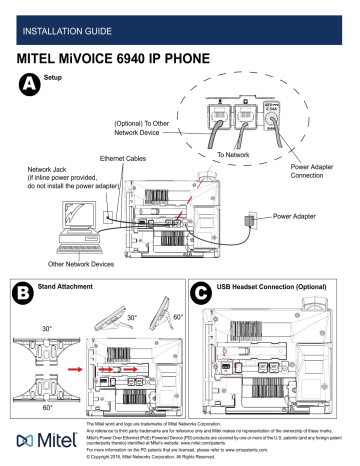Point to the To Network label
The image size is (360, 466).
click(x=236, y=157)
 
